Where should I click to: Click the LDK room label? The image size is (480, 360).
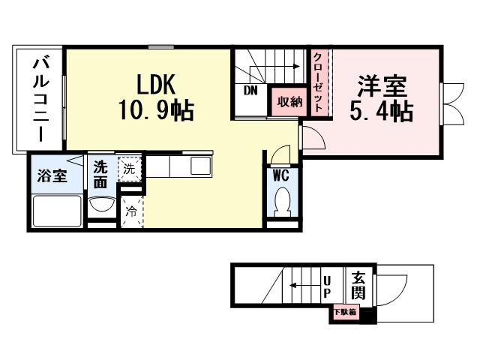(155, 82)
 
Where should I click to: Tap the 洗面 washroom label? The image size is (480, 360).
(100, 175)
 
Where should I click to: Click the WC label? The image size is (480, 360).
(280, 176)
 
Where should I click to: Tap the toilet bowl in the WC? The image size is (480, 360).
(283, 201)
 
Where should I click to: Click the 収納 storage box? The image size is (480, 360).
(289, 101)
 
